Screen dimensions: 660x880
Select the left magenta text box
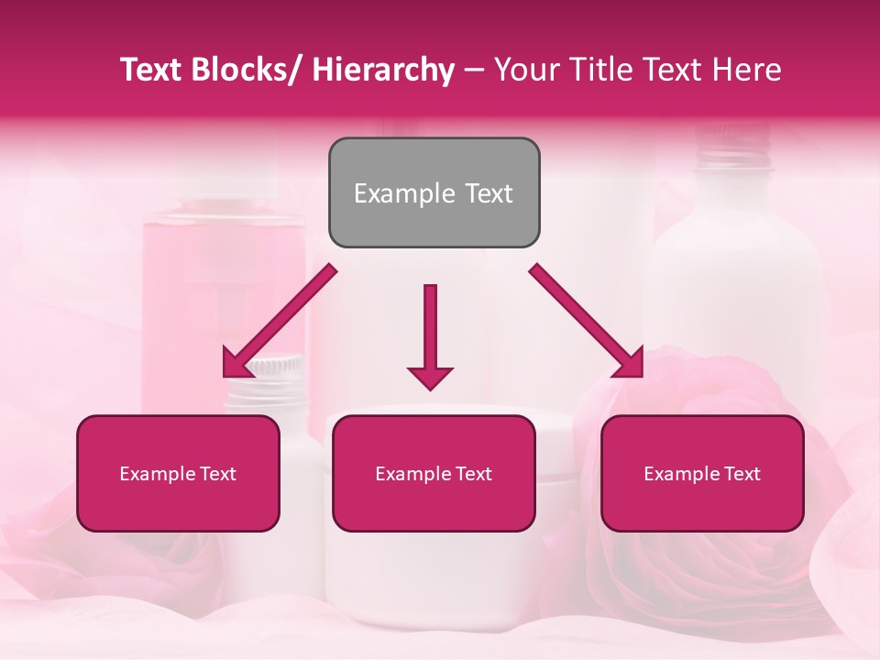178,473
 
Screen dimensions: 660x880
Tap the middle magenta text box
434,473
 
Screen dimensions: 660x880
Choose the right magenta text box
702,473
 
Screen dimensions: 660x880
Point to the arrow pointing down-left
280,321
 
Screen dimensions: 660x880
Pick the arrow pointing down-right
587,321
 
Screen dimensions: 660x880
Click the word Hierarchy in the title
383,70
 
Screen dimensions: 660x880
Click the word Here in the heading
746,70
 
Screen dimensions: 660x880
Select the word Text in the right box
741,474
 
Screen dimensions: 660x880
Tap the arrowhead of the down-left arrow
236,365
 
